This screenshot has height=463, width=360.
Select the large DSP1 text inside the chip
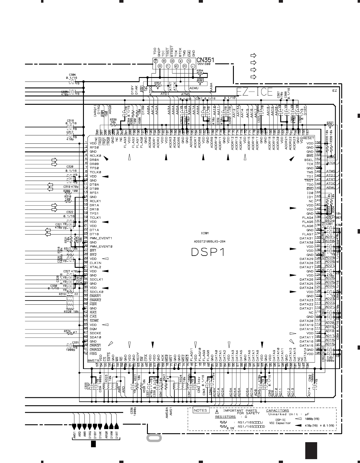208,252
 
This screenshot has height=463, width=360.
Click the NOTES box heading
200,410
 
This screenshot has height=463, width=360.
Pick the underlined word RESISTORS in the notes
225,417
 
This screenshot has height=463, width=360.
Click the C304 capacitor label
72,75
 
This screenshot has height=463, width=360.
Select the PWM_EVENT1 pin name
101,238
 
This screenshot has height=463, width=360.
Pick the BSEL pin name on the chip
309,160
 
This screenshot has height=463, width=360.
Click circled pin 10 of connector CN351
155,60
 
